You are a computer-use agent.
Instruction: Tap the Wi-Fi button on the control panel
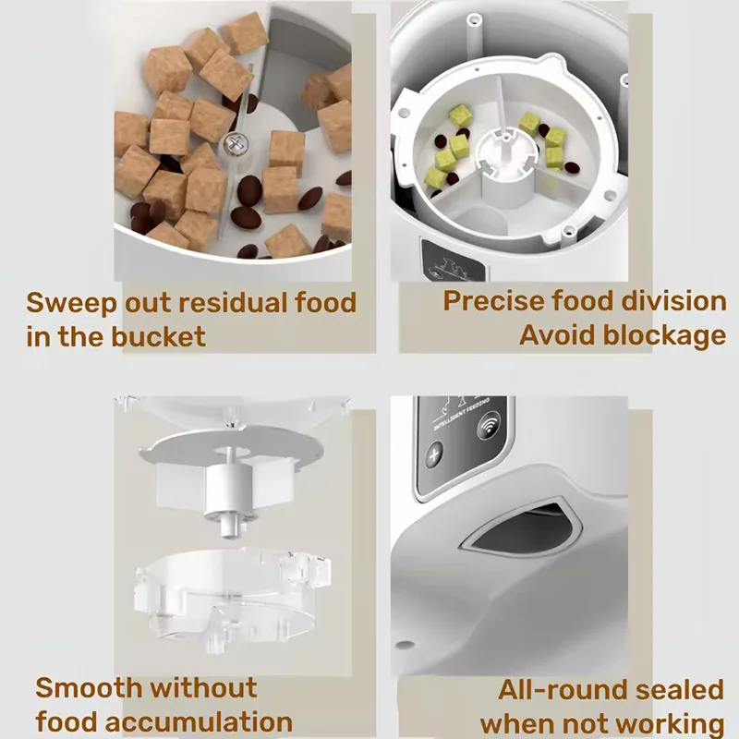(x=486, y=430)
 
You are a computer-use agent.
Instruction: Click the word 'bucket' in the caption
(x=158, y=336)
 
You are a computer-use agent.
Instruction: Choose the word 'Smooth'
(x=89, y=687)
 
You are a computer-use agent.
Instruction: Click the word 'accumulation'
(x=201, y=721)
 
